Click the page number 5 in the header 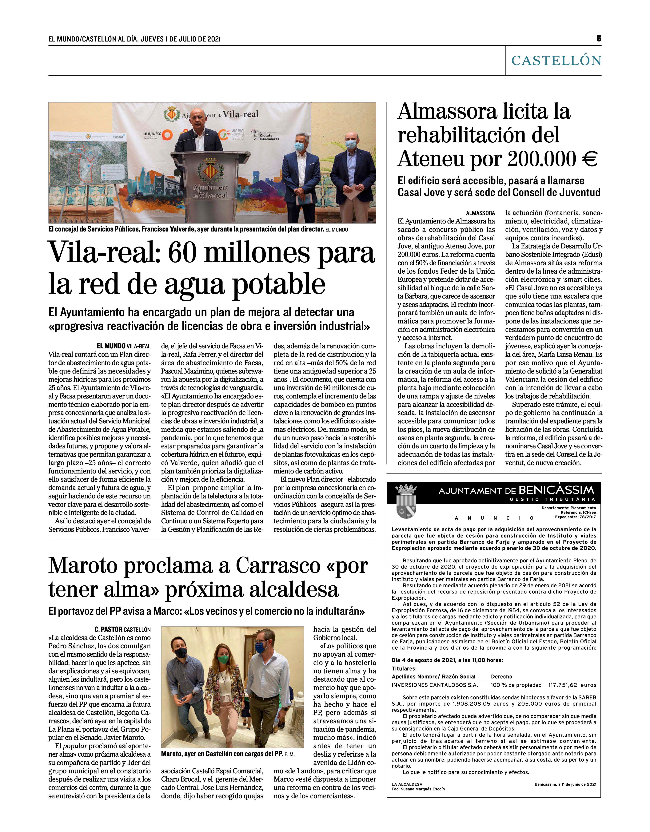pyautogui.click(x=599, y=38)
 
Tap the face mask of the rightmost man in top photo pyautogui.click(x=351, y=144)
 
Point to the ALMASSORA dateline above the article pyautogui.click(x=481, y=213)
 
